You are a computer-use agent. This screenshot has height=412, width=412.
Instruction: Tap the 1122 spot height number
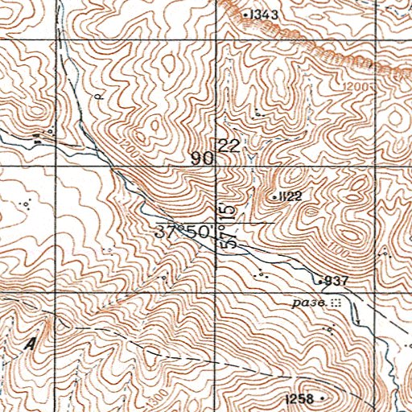[x=290, y=196]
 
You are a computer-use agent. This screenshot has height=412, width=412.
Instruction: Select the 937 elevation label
[x=336, y=281]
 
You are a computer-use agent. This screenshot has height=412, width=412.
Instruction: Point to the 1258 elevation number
[x=299, y=399]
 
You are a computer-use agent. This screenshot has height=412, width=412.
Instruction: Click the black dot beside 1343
[x=246, y=14]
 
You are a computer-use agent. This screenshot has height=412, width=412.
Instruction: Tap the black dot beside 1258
[x=323, y=398]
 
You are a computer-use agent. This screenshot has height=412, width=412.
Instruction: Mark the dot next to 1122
[x=274, y=196]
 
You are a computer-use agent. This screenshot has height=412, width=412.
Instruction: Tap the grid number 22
[x=229, y=146]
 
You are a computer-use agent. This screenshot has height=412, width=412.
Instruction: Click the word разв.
[x=309, y=303]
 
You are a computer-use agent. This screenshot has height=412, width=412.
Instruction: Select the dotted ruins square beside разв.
[x=336, y=303]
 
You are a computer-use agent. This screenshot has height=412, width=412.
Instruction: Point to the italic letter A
[x=31, y=344]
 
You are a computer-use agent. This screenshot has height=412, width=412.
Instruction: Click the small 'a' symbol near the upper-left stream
[x=97, y=96]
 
